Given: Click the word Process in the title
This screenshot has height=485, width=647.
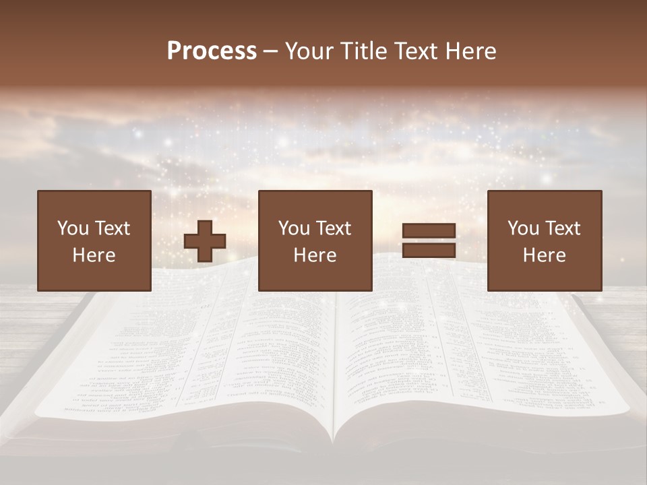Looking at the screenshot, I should point(212,51).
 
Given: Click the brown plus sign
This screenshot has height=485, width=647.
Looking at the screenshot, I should point(205,241).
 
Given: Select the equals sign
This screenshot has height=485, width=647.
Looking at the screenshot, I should point(429,240).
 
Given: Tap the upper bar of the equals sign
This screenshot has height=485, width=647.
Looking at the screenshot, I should point(429,231).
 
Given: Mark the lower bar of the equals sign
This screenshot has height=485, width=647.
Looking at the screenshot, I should point(429,250).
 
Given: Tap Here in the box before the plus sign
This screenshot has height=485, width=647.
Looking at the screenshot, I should point(94,255).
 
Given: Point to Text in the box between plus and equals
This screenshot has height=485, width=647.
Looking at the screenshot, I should point(333,228).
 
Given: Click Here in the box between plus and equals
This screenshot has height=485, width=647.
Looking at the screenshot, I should point(315,255).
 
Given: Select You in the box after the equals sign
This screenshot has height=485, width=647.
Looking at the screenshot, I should point(522,228).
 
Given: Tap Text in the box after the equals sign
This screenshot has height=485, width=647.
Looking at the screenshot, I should point(562,228).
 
